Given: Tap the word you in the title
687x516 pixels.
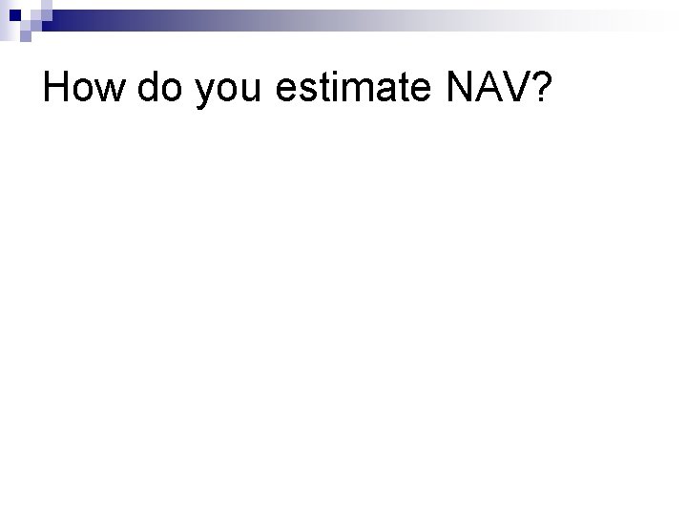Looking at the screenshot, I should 230,91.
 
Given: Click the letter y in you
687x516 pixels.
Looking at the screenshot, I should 205,94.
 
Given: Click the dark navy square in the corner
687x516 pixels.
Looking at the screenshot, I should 9,9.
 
